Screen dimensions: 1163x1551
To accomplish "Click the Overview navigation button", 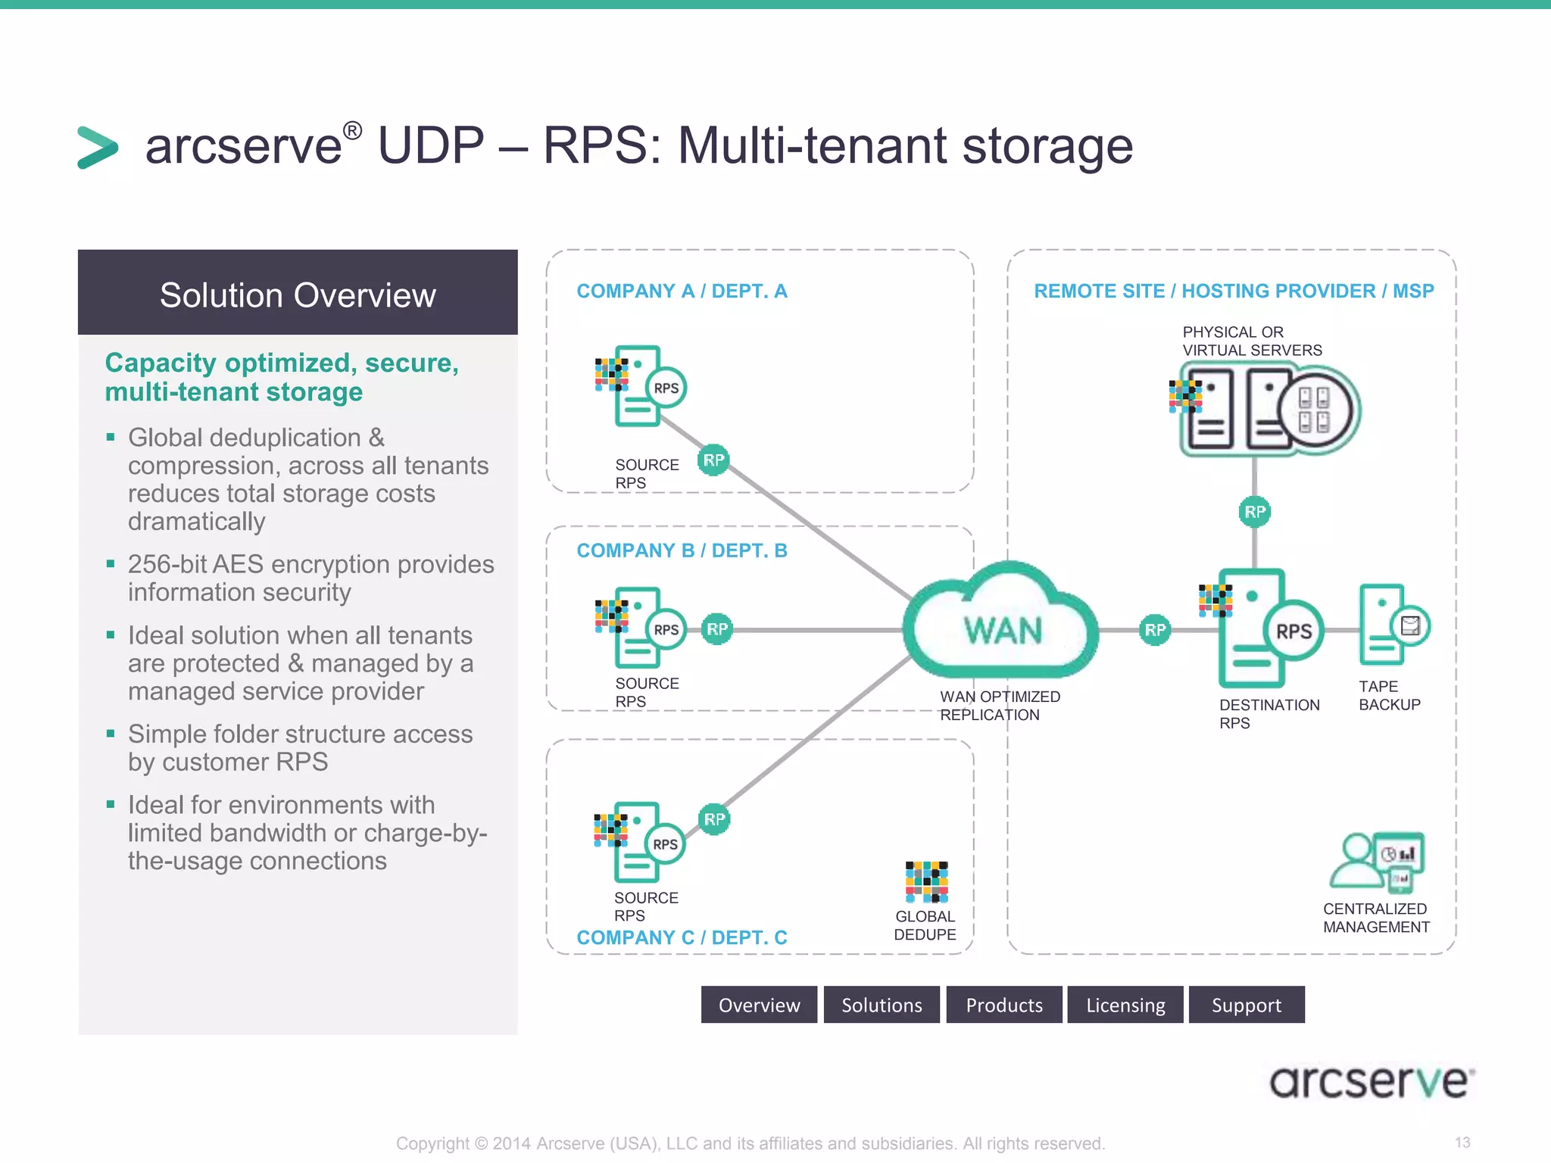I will point(759,1005).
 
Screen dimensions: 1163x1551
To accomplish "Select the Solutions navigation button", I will point(882,1005).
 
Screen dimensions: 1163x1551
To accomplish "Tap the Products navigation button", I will point(1004,1005).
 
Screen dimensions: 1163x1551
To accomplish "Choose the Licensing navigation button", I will point(1125,1005).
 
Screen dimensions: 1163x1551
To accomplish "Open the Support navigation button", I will point(1247,1005).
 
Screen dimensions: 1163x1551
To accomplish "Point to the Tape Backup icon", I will point(1392,625).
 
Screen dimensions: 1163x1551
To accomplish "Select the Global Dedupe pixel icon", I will point(926,881).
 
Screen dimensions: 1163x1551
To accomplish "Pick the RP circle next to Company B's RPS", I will point(716,629).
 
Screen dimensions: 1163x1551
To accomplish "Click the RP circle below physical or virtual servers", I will point(1254,512).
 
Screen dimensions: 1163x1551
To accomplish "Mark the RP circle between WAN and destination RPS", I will point(1154,629).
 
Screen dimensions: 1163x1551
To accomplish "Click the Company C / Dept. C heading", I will point(682,937).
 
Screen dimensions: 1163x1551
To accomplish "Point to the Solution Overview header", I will point(298,294).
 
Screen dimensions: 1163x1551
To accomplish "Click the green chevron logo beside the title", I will point(98,147).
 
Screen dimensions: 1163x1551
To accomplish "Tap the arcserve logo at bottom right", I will point(1371,1082).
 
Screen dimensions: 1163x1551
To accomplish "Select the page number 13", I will point(1462,1142).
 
